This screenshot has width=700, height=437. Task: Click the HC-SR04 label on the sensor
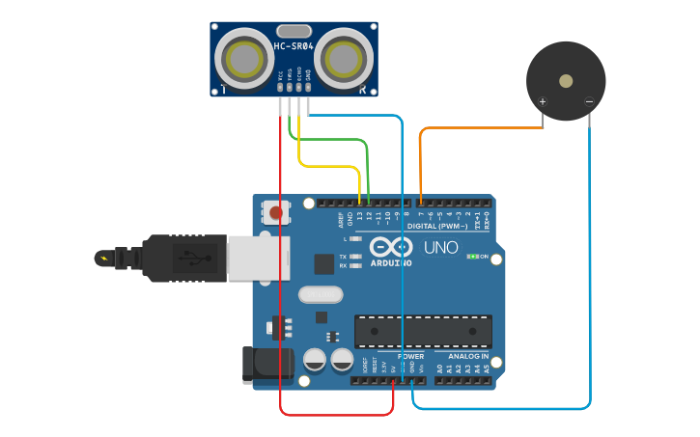[x=293, y=46]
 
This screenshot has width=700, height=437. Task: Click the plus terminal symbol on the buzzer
[x=543, y=101]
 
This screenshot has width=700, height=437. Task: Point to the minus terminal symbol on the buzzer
[x=589, y=101]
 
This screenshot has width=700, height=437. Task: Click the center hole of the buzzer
[x=566, y=81]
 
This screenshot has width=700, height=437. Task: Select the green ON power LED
[x=474, y=257]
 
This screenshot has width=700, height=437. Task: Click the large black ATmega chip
[x=422, y=331]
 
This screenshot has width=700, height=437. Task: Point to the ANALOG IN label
[x=467, y=356]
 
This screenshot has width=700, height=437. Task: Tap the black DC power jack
[x=267, y=364]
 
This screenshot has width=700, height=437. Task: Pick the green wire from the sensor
[x=333, y=141]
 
